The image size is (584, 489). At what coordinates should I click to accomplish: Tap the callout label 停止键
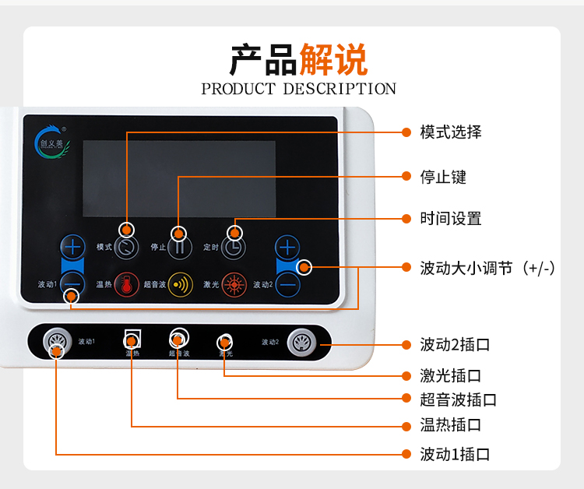point(443,177)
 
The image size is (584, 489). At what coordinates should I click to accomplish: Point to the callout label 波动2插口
point(455,344)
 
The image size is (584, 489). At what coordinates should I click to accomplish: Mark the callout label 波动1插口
point(455,454)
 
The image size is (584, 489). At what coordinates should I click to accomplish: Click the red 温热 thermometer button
point(125,284)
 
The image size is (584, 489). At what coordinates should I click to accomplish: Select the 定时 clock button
point(233,248)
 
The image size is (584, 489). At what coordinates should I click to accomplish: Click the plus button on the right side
point(287,248)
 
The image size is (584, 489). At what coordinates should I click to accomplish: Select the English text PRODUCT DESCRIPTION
point(298,89)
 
